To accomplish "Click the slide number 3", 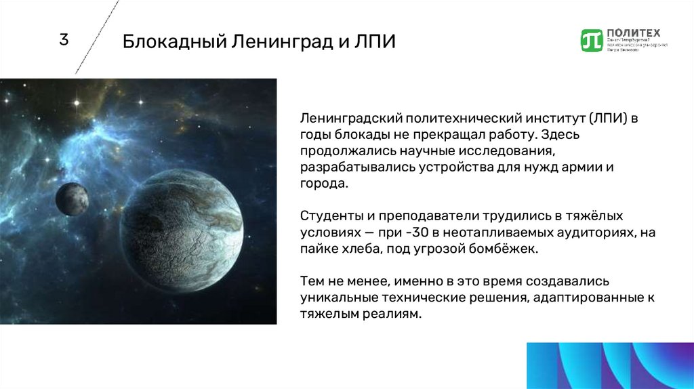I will pos(64,40).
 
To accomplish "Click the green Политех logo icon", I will pos(592,41).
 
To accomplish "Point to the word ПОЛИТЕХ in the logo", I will pos(634,33).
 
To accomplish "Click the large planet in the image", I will pos(181,230).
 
